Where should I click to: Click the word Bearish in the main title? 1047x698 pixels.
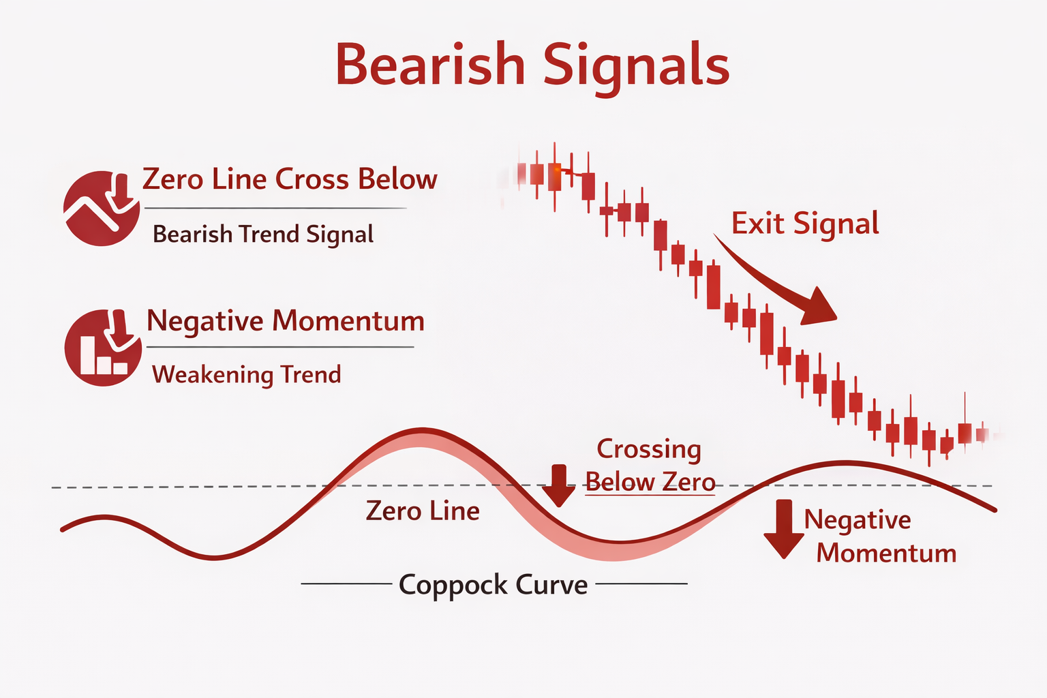click(x=430, y=65)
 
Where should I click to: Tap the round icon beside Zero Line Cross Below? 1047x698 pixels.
click(x=102, y=208)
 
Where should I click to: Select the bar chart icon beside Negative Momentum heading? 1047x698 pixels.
click(x=103, y=348)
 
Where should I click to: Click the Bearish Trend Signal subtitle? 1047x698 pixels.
click(x=263, y=234)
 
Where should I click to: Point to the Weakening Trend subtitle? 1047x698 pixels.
click(x=246, y=375)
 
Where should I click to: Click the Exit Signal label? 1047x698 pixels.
click(x=805, y=224)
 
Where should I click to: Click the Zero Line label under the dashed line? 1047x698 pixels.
click(x=423, y=511)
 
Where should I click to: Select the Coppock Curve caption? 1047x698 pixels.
click(x=493, y=585)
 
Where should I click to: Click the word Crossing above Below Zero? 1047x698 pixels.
click(x=648, y=449)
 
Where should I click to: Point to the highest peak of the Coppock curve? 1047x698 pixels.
click(x=421, y=430)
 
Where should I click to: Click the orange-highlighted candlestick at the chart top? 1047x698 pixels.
click(x=554, y=176)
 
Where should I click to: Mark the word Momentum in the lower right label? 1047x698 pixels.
click(x=886, y=553)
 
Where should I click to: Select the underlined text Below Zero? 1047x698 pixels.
click(x=650, y=483)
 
